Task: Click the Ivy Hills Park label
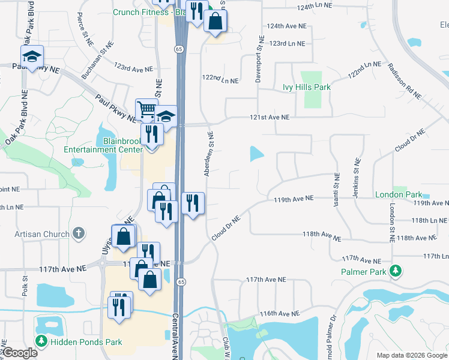point(307,87)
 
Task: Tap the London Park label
point(397,195)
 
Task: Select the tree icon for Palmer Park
point(396,271)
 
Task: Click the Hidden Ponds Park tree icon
point(41,342)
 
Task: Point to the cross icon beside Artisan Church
point(78,233)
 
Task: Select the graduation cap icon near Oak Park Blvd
point(31,56)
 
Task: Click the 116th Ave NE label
point(280,314)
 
